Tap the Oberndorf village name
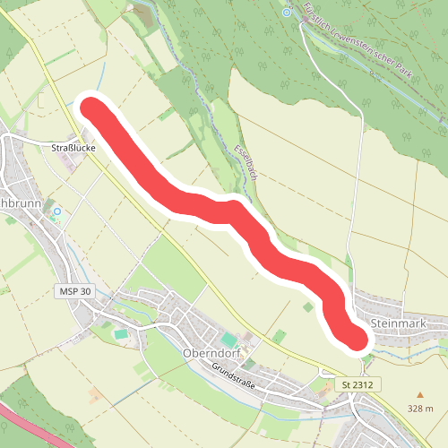pyautogui.click(x=208, y=352)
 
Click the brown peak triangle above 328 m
pyautogui.click(x=419, y=393)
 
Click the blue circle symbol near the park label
pyautogui.click(x=286, y=13)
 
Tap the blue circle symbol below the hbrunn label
pyautogui.click(x=56, y=211)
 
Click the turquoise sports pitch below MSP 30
pyautogui.click(x=120, y=334)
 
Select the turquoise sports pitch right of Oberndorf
pyautogui.click(x=231, y=340)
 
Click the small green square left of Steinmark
pyautogui.click(x=308, y=306)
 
